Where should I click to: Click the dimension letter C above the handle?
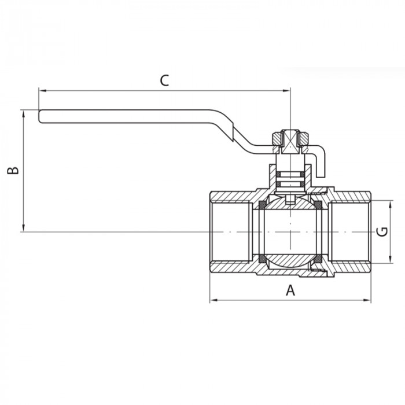point(164,80)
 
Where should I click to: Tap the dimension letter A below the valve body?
point(290,291)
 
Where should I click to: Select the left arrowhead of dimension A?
point(212,300)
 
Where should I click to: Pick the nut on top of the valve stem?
point(290,139)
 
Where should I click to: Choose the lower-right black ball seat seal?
point(316,258)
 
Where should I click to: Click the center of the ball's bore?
point(289,231)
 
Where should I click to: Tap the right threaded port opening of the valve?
point(351,231)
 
